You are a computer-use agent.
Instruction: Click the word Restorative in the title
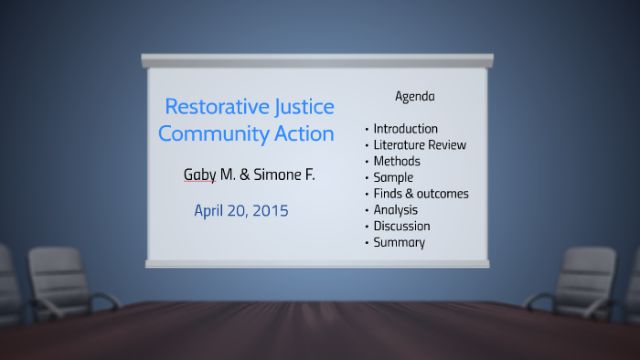(216, 107)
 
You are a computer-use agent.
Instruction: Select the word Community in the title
(213, 133)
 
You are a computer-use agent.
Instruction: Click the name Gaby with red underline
(200, 175)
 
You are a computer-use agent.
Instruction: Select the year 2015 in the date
(270, 211)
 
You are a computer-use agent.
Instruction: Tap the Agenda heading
(414, 96)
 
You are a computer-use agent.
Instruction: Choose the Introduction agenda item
(405, 129)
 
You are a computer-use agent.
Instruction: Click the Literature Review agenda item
(420, 144)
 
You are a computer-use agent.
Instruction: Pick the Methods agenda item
(397, 161)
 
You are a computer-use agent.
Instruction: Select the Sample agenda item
(393, 177)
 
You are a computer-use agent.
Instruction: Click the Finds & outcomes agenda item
(421, 194)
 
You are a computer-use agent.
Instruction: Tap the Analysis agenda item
(396, 210)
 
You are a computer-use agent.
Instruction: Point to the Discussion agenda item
(401, 226)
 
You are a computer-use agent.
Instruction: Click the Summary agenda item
(399, 242)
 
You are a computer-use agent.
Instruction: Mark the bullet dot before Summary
(367, 243)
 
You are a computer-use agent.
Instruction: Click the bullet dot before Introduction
(367, 130)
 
